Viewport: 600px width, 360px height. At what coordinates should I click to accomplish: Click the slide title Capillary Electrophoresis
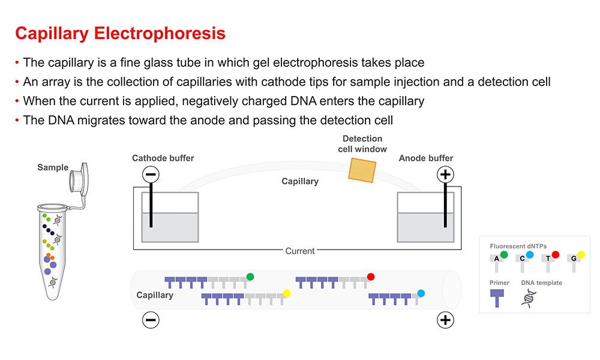tap(120, 33)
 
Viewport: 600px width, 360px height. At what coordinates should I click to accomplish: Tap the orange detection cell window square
tap(363, 170)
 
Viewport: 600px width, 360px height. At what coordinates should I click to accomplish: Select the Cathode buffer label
tap(163, 158)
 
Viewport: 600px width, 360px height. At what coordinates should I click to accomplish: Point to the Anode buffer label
tap(426, 158)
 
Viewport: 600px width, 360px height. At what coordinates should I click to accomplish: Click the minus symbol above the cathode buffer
tap(151, 175)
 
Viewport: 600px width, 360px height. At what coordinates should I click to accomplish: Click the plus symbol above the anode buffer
tap(445, 175)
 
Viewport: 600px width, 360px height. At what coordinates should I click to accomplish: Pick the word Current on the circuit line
tap(300, 251)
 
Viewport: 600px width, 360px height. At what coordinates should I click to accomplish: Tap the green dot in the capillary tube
tap(250, 277)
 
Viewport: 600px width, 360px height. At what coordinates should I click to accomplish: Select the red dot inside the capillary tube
tap(371, 277)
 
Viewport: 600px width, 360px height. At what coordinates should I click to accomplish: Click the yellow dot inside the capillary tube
tap(287, 293)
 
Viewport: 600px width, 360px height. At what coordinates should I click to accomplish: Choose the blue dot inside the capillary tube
tap(421, 293)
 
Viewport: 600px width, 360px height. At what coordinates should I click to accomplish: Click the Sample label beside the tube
tap(53, 167)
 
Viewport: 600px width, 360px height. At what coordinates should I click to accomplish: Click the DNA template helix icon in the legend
tap(529, 298)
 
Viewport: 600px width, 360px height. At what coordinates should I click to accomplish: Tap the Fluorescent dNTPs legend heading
tap(515, 246)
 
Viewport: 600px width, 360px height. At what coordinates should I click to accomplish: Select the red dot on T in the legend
tap(555, 255)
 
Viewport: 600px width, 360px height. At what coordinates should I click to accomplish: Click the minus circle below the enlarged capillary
tap(151, 320)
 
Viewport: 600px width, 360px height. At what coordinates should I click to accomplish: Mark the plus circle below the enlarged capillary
tap(445, 320)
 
